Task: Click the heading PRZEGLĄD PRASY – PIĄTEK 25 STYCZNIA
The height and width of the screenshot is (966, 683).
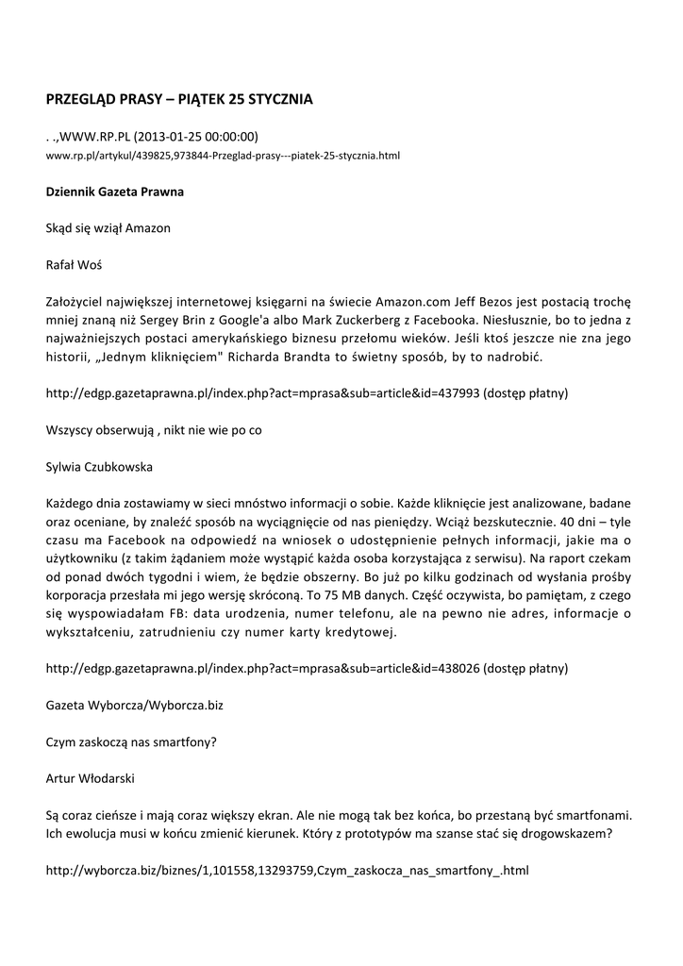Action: point(179,98)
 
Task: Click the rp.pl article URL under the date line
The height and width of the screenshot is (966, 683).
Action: point(224,155)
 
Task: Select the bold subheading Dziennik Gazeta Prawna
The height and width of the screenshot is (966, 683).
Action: point(115,192)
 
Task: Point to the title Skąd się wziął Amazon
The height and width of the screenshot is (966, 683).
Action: point(108,228)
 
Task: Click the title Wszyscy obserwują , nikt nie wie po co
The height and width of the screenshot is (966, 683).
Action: point(154,430)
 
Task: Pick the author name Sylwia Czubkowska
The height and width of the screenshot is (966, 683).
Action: point(100,467)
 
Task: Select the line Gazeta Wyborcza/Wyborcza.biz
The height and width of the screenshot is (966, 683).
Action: point(135,705)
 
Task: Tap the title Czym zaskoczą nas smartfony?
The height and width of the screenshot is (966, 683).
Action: point(131,741)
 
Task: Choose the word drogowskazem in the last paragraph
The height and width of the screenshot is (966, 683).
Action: point(560,833)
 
